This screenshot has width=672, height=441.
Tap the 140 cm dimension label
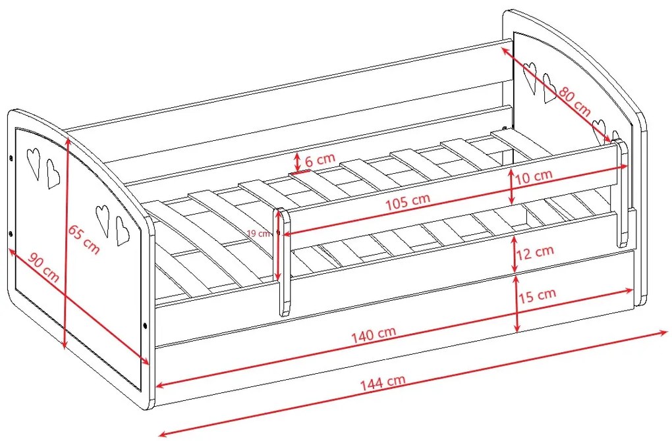tap(374, 335)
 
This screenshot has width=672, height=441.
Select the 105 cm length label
tap(407, 201)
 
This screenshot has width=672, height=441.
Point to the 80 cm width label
tap(574, 102)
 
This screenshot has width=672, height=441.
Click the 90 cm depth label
tap(43, 267)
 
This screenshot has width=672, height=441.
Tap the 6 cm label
tap(320, 159)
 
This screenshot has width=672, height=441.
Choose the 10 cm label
tap(533, 176)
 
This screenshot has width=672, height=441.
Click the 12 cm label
tap(535, 252)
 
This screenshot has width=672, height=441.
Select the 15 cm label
tap(538, 296)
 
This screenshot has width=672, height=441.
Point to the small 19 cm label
tap(259, 234)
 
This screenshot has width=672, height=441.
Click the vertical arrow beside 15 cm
tap(517, 303)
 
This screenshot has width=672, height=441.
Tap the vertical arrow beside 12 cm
tap(515, 254)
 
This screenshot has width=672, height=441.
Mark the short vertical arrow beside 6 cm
tap(297, 161)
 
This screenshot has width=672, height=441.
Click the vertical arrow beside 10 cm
tap(511, 186)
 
